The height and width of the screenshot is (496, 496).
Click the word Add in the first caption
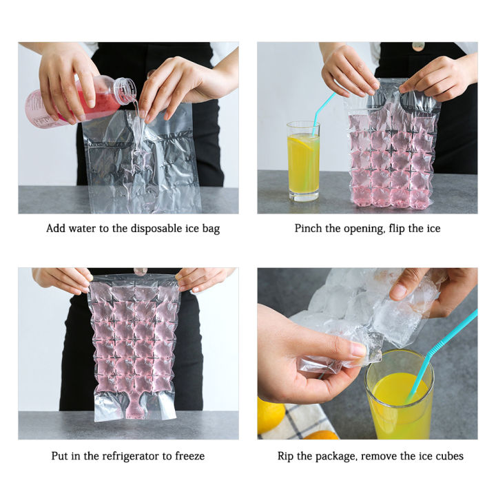[56, 229]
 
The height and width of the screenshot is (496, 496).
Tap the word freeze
[189, 456]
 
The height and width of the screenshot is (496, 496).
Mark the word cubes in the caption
[448, 456]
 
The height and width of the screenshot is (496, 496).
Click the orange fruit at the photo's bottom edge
[321, 435]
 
